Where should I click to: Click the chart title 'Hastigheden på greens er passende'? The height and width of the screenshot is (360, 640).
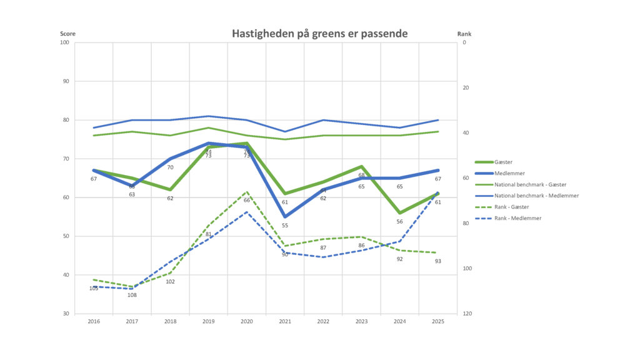pyautogui.click(x=319, y=33)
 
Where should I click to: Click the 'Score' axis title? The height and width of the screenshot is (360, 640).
pyautogui.click(x=67, y=33)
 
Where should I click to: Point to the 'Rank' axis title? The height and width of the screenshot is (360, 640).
pyautogui.click(x=464, y=33)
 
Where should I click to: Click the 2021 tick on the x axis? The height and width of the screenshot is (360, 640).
pyautogui.click(x=285, y=321)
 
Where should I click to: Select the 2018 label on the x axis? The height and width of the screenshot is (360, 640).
pyautogui.click(x=170, y=321)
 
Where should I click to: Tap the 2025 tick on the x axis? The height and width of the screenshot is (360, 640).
pyautogui.click(x=438, y=321)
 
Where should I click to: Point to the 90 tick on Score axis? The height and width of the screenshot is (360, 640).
pyautogui.click(x=64, y=81)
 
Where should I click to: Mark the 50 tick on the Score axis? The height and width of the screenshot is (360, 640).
pyautogui.click(x=64, y=236)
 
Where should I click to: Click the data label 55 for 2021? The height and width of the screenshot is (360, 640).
pyautogui.click(x=285, y=226)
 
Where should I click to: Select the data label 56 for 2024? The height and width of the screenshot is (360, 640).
pyautogui.click(x=400, y=222)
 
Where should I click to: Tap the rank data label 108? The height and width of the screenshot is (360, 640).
pyautogui.click(x=132, y=295)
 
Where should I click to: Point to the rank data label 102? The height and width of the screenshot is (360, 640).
pyautogui.click(x=170, y=282)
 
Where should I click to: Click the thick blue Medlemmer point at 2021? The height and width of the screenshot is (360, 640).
pyautogui.click(x=285, y=217)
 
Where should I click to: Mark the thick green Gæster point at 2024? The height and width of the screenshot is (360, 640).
pyautogui.click(x=400, y=213)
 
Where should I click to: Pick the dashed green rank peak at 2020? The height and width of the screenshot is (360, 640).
pyautogui.click(x=247, y=192)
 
